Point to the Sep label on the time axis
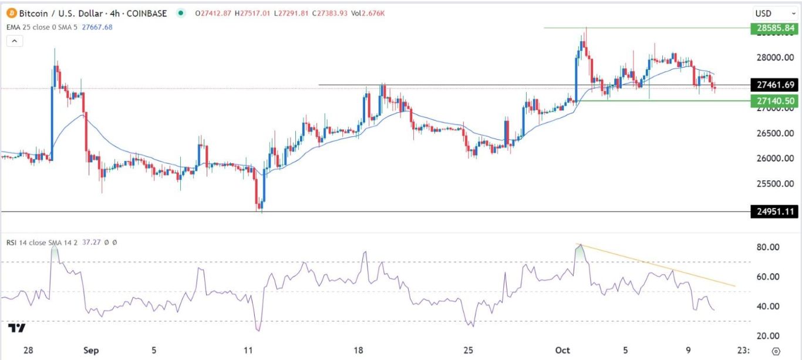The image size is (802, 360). click(x=90, y=351)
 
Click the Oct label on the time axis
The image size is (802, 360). click(x=563, y=351)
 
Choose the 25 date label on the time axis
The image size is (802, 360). click(x=468, y=351)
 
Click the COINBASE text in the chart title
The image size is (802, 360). click(x=148, y=13)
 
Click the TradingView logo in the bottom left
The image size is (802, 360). click(x=18, y=328)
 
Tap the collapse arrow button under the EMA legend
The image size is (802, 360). click(x=15, y=41)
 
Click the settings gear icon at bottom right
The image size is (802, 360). click(x=776, y=351)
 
